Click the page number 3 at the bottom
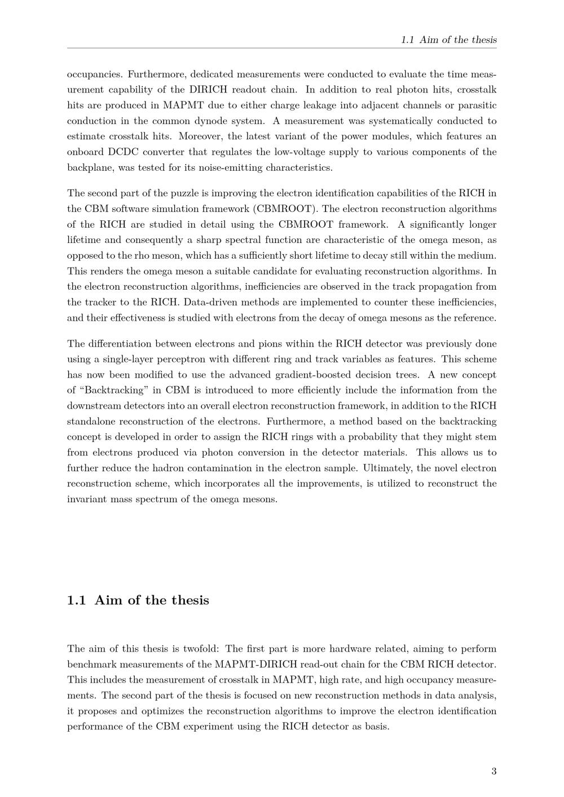point(493,771)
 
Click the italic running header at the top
point(448,39)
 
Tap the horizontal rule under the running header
point(282,48)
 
